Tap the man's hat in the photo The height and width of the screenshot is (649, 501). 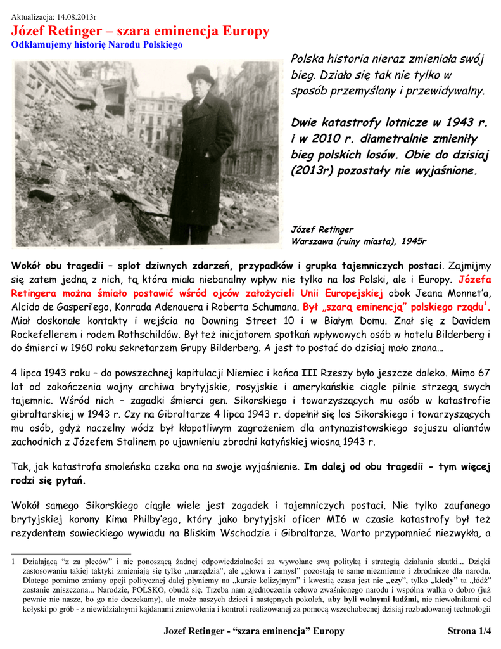click(x=201, y=75)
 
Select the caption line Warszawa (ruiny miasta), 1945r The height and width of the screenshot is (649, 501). click(x=358, y=241)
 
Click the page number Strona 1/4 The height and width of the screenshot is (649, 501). click(x=469, y=631)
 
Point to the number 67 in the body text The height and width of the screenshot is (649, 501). click(x=483, y=373)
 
